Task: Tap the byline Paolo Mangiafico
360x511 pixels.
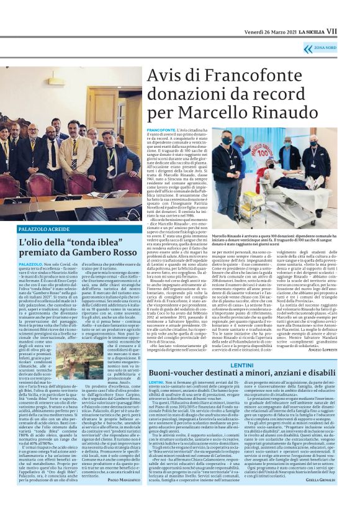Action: [123, 463]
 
